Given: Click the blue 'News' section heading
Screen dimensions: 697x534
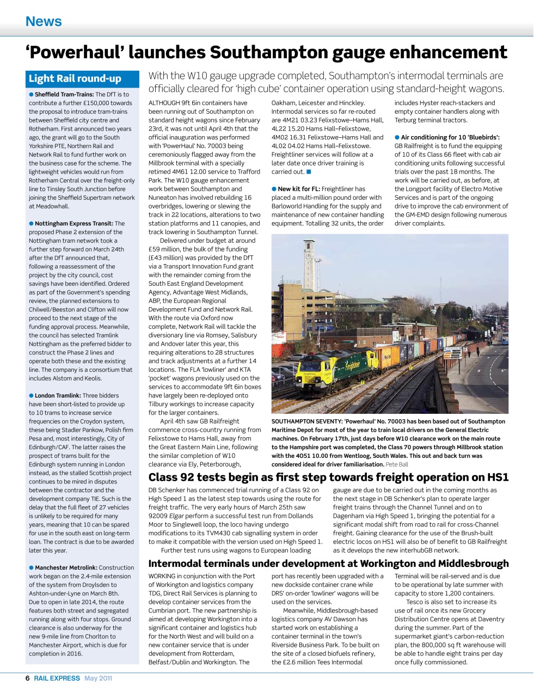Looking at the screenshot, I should [44, 22].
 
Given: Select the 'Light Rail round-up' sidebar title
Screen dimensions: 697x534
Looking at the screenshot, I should [75, 79].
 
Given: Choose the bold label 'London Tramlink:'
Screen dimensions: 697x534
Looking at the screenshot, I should [58, 396].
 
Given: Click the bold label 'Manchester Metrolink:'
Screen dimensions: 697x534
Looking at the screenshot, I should [66, 568].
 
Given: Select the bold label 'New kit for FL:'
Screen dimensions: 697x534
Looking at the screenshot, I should [299, 189].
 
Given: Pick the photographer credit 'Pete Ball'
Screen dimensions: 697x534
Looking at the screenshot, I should [397, 464].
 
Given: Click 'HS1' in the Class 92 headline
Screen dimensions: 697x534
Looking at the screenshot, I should [496, 478].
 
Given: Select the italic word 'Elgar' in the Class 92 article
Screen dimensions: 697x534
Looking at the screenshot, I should [177, 516].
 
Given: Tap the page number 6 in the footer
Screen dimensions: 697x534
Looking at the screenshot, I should [28, 678].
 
